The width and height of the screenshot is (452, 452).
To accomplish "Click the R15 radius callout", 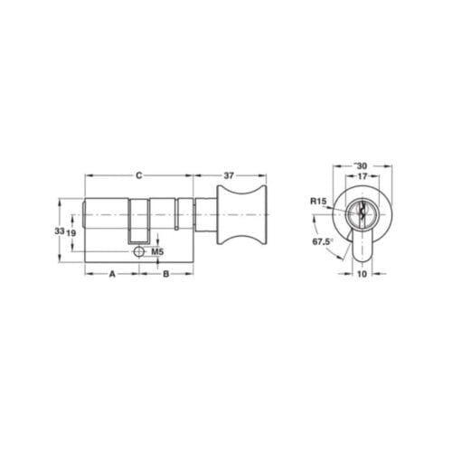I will point(318,202).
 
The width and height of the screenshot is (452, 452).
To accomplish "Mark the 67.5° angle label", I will point(319,242).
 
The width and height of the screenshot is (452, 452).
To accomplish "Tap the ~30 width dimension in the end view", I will point(360,165).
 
